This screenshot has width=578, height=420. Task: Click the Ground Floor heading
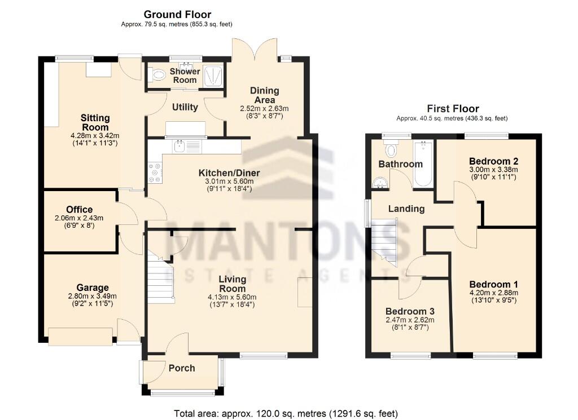(x=177, y=14)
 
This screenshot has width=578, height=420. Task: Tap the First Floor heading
(x=453, y=109)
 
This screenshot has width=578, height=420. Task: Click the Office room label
(x=79, y=210)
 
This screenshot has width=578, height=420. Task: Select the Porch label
(x=182, y=368)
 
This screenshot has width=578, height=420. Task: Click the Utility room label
(x=185, y=107)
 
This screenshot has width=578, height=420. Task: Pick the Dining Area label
(x=265, y=95)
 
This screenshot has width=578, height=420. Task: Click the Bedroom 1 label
(x=493, y=284)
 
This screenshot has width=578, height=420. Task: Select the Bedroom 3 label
(x=410, y=311)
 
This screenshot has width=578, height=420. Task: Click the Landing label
(x=406, y=209)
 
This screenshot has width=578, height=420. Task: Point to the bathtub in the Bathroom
(x=423, y=165)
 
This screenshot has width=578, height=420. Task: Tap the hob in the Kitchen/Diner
(x=155, y=173)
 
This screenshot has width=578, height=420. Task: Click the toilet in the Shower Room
(x=156, y=75)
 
